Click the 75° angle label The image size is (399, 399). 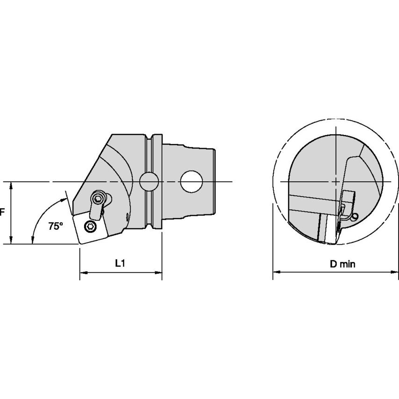56,226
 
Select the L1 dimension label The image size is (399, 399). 120,263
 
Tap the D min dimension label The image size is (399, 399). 342,264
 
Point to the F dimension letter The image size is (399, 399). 2,212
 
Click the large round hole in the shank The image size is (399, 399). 192,181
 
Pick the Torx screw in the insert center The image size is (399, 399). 90,227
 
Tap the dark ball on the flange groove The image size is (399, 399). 149,181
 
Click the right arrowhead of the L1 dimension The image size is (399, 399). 158,273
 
